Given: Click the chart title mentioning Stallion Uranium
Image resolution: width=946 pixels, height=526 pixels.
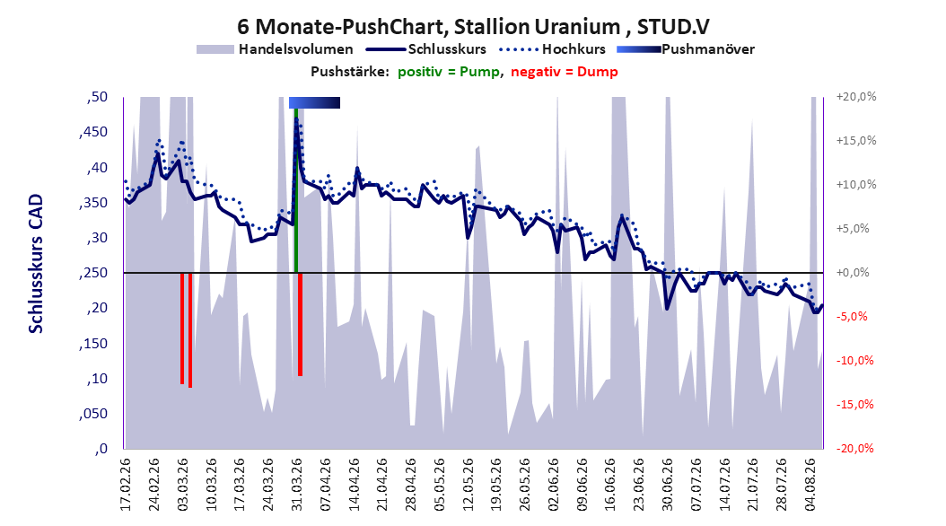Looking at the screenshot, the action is coord(473,27).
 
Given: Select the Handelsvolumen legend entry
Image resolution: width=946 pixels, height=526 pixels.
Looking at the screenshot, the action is coord(275,49).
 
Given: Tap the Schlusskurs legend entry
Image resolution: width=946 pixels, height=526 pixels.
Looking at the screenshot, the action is coord(426,49).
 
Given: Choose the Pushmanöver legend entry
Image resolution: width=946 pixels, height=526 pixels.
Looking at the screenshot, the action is coord(686,49).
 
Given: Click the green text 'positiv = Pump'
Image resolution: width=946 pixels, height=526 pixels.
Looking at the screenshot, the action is coord(449,72).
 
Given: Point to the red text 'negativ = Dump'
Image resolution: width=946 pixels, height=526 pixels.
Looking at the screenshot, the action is coord(565,72).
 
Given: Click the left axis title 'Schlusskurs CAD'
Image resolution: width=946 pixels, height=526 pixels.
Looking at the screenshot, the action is coord(36,264).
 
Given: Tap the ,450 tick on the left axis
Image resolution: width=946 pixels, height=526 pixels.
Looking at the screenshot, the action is coord(93,132).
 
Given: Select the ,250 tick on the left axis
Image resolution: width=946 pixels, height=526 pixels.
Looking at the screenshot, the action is coord(93,273).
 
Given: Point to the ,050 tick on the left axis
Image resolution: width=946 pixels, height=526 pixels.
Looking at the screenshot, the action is coord(93,414).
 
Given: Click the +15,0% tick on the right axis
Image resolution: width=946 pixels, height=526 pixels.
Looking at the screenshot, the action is coord(856,141).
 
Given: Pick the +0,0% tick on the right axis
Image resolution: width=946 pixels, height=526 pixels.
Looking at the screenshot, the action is coord(853,273).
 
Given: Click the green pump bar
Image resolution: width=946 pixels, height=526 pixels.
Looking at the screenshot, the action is coord(295,190).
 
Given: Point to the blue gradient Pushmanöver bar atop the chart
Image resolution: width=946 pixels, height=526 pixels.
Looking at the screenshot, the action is coord(314,102).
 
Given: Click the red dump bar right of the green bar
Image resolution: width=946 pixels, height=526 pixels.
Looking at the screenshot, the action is coord(300,325).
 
